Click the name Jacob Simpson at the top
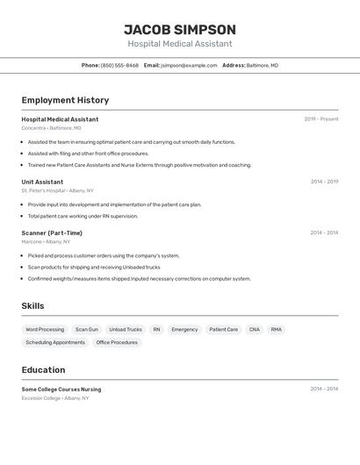click(x=179, y=29)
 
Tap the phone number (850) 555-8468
click(x=119, y=65)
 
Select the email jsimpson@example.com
click(x=189, y=65)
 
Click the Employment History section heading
click(x=65, y=100)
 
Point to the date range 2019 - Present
click(x=320, y=119)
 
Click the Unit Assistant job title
click(x=42, y=182)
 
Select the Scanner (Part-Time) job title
click(x=52, y=232)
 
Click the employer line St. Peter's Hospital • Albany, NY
click(x=57, y=190)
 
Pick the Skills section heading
click(x=32, y=306)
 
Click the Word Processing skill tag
click(x=45, y=330)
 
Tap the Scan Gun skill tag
click(x=87, y=330)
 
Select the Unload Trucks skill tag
click(x=126, y=330)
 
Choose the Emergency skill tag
click(x=184, y=330)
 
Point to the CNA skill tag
click(x=255, y=330)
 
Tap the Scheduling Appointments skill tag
click(x=55, y=342)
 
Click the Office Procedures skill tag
click(x=117, y=342)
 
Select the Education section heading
click(x=43, y=369)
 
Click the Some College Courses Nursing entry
click(x=61, y=389)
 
